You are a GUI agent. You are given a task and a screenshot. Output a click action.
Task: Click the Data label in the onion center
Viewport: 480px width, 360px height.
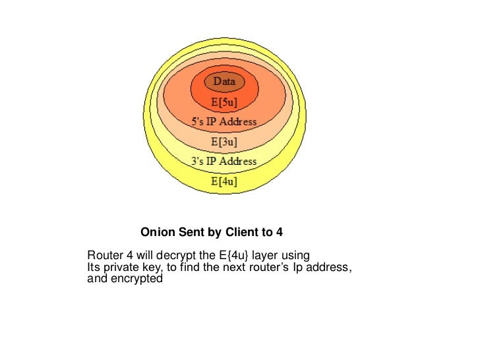pyautogui.click(x=224, y=82)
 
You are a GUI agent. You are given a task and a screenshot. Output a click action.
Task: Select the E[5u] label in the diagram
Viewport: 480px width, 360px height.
pyautogui.click(x=224, y=103)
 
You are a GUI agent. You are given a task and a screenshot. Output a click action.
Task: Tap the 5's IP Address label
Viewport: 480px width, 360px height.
pyautogui.click(x=224, y=122)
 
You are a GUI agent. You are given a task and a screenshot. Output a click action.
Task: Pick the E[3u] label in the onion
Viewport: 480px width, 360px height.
pyautogui.click(x=224, y=142)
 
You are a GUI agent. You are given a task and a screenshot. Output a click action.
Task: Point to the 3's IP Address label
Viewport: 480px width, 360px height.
pyautogui.click(x=224, y=162)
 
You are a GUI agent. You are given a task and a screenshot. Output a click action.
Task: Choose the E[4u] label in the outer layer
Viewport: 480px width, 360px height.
pyautogui.click(x=224, y=181)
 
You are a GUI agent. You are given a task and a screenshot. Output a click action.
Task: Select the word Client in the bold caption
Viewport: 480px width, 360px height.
pyautogui.click(x=243, y=233)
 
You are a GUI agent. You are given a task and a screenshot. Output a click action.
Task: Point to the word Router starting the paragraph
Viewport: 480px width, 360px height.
pyautogui.click(x=103, y=256)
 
